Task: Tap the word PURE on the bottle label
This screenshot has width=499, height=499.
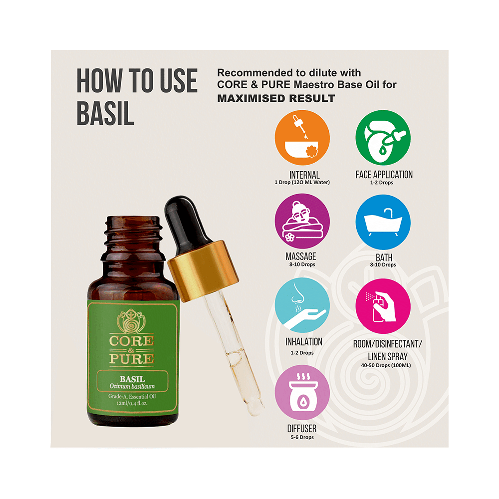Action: coord(133,358)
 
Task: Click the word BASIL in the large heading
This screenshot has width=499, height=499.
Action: coord(105,114)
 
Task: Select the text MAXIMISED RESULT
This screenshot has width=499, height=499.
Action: coord(276,98)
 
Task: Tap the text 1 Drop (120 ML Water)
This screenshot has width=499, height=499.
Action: coord(302,182)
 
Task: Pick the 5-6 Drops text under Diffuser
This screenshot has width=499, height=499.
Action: coord(302,437)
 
